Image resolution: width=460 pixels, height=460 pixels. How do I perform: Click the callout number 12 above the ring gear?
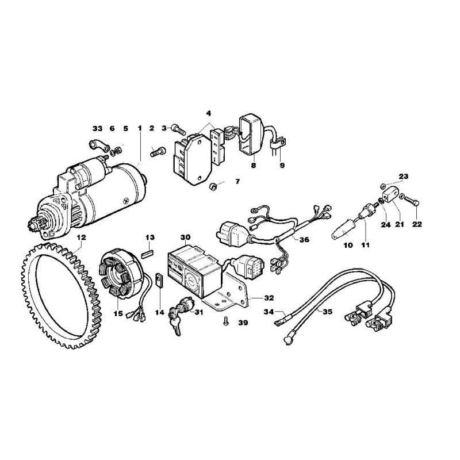(x=81, y=237)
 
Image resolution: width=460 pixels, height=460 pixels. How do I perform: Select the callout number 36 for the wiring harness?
(x=304, y=240)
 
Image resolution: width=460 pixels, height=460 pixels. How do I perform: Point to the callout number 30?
(x=185, y=237)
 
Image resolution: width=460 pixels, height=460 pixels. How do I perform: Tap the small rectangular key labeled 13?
(x=148, y=253)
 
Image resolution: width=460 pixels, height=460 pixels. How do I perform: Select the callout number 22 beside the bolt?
(x=417, y=224)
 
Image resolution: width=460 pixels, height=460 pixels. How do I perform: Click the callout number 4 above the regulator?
(x=209, y=113)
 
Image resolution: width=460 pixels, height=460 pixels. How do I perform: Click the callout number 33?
(x=98, y=128)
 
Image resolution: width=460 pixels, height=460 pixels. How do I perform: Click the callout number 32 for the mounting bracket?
(x=269, y=298)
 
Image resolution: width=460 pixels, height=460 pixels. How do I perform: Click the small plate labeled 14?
(x=160, y=281)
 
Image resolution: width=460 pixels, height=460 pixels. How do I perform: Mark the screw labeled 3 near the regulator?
(x=178, y=128)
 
